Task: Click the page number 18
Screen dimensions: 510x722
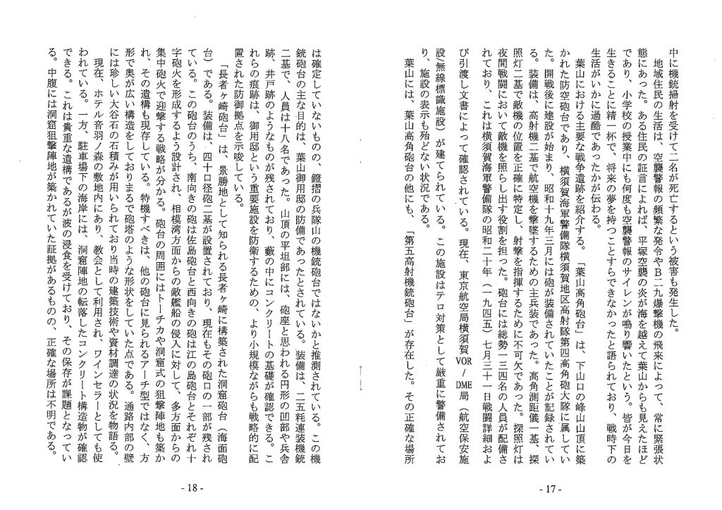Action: [x=192, y=487]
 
